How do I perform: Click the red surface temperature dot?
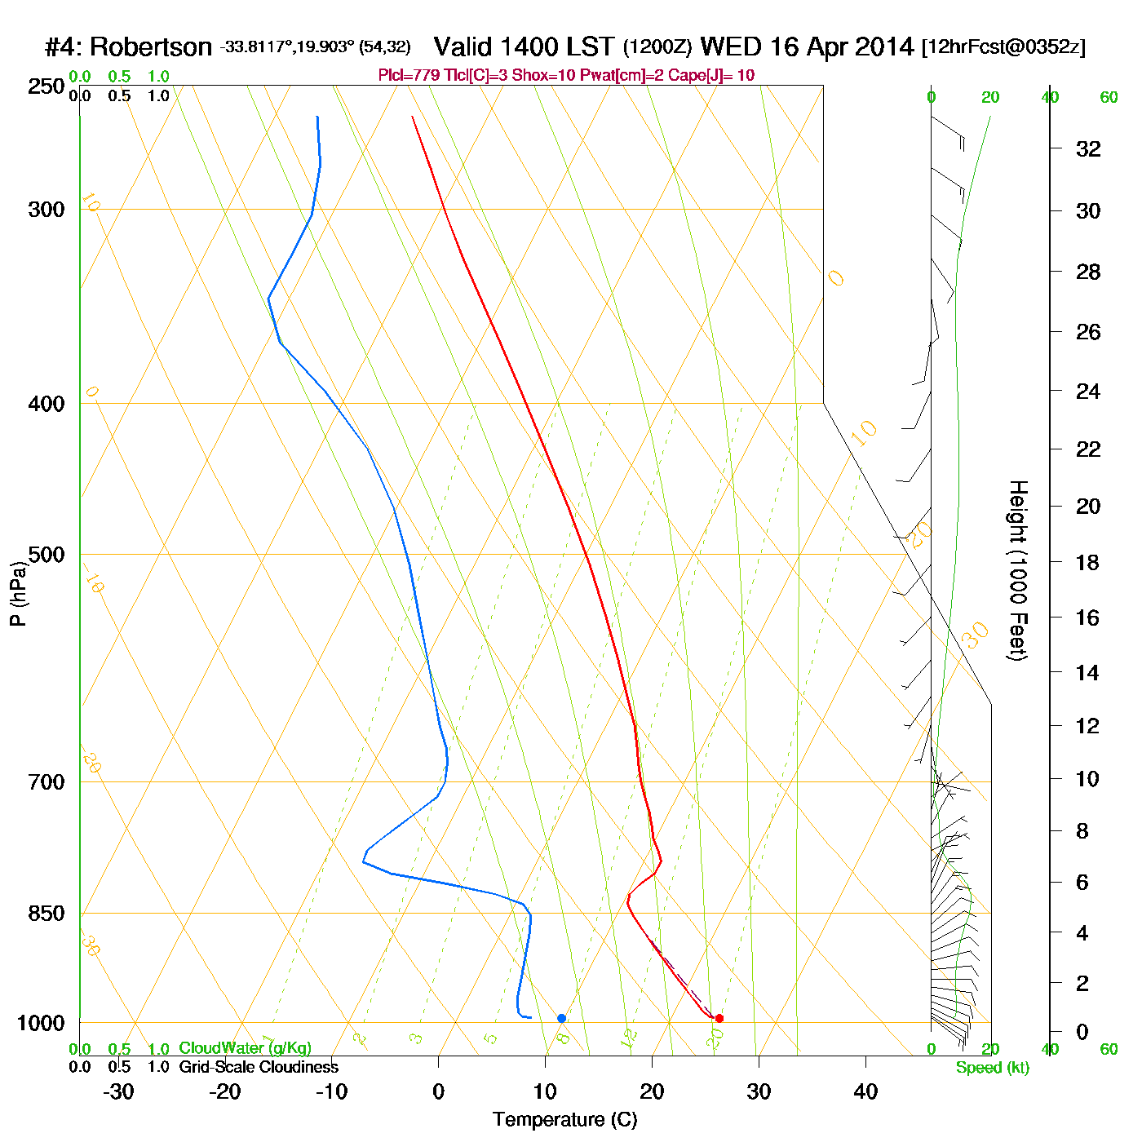719,1018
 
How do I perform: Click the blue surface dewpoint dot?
561,1018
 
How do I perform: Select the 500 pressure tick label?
46,555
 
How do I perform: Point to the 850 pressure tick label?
46,914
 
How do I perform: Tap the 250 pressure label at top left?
46,86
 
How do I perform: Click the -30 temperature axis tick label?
118,1091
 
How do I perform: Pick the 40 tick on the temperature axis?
865,1091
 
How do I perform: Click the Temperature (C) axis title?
564,1120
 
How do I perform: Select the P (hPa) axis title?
18,593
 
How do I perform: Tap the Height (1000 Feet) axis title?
1018,570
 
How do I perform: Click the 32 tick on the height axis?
1088,148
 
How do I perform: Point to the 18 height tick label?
1087,562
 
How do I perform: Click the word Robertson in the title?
151,47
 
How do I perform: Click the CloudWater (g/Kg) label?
245,1048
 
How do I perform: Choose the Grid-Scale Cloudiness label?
259,1067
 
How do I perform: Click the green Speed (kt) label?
993,1068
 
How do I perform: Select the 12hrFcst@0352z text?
1003,47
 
